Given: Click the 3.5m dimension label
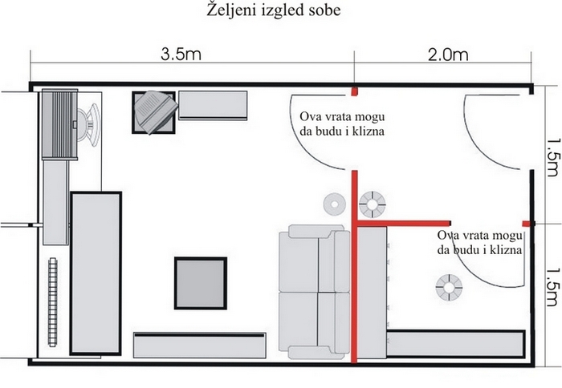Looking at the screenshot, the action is [181, 55].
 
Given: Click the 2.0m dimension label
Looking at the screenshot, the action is [448, 55].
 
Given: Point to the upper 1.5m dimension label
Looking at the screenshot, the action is [552, 156].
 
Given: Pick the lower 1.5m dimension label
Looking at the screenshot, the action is [552, 287].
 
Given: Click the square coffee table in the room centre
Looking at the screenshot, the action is [201, 283].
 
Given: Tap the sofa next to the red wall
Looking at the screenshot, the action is [315, 292].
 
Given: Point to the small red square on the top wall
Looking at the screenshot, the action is [355, 91].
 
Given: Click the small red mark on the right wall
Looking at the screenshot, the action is [527, 224].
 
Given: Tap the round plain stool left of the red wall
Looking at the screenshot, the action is [335, 204].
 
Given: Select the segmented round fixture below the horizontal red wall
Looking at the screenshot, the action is [449, 288].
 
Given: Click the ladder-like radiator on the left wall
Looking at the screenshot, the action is [53, 302].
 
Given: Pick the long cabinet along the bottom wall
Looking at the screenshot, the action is [200, 345].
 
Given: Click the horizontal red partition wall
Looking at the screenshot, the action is [404, 224].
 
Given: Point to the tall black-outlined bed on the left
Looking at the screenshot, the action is [96, 273].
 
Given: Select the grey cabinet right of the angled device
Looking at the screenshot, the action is [213, 105].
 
